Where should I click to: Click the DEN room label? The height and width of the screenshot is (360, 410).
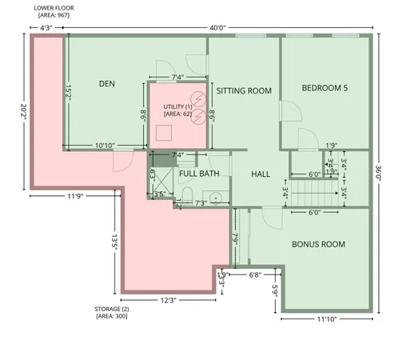[x=108, y=83]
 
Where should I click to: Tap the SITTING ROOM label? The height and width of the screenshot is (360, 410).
[x=245, y=91]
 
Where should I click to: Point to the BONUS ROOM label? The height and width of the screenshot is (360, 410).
[x=318, y=244]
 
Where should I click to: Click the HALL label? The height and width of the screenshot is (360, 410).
[x=261, y=174]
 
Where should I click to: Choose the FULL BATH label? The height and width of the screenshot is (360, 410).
[x=199, y=173]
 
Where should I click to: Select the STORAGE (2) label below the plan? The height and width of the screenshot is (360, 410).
[x=111, y=308]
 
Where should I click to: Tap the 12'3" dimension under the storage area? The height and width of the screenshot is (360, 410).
[x=168, y=300]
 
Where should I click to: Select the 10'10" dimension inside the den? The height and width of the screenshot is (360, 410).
[x=105, y=146]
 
